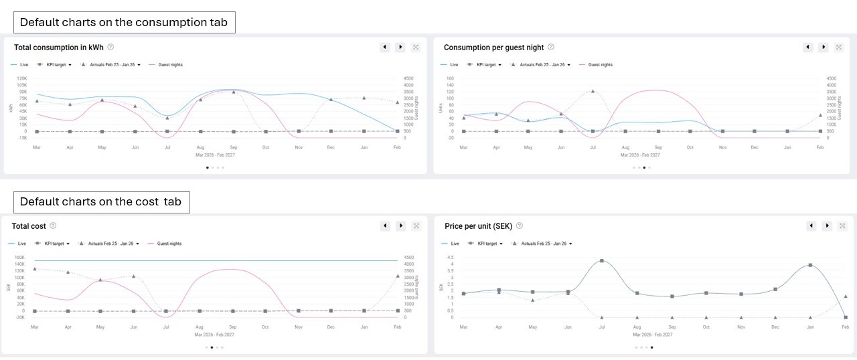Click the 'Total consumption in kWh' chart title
[x=58, y=47]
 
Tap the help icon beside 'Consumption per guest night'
[x=551, y=47]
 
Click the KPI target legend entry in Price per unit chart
[x=487, y=244]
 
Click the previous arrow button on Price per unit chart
[x=811, y=226]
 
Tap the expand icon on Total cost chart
[x=416, y=226]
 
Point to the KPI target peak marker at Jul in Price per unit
[x=602, y=260]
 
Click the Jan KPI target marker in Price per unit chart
[x=810, y=265]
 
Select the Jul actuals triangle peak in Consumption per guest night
[x=593, y=91]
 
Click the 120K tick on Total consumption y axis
[x=22, y=78]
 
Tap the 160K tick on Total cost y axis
[x=19, y=257]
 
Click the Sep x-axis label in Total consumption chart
[x=233, y=147]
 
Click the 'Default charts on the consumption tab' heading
[x=124, y=22]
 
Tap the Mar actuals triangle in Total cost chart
[x=35, y=269]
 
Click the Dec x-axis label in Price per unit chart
[x=775, y=326]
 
